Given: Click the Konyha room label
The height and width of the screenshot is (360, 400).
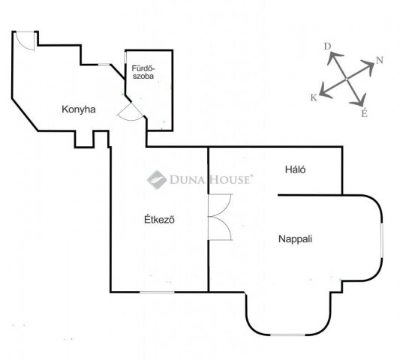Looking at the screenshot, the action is coord(79,109).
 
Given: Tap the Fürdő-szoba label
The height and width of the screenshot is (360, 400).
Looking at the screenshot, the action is coord(143,72).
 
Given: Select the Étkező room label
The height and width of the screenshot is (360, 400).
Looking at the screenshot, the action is coord(159,219).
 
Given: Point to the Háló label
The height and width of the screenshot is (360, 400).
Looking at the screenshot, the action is coord(295,169).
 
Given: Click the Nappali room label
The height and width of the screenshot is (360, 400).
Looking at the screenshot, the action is coord(295,239).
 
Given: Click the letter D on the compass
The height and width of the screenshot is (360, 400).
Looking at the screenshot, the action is coord(327,46).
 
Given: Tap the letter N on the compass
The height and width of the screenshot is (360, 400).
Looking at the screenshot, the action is coord(380,61).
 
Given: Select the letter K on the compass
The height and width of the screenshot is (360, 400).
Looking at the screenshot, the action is coord(314,97).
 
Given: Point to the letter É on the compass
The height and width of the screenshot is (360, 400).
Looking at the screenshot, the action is coord(364,112).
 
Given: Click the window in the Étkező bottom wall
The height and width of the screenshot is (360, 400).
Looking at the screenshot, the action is coord(157,292).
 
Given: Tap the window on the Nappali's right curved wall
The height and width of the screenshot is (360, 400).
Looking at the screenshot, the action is coord(382,240).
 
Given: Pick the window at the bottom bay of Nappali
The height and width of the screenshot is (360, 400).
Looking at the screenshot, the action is coord(287,334).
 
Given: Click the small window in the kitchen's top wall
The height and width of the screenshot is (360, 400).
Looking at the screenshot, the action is coord(104,64).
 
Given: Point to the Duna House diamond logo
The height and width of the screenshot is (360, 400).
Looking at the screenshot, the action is coord(157,180).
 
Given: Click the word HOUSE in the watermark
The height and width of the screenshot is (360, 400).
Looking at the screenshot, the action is coord(230,180).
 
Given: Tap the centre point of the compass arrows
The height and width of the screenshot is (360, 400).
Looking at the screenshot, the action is coord(347,79).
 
